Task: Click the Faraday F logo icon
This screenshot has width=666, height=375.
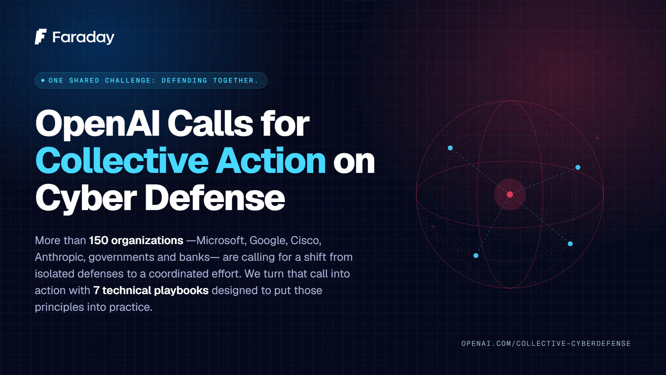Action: pyautogui.click(x=41, y=37)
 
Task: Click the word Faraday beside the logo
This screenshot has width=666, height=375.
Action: pyautogui.click(x=83, y=37)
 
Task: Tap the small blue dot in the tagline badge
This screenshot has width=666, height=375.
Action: pyautogui.click(x=43, y=81)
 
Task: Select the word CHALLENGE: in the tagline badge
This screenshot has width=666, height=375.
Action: pyautogui.click(x=130, y=81)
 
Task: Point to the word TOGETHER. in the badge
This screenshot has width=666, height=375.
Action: pyautogui.click(x=236, y=81)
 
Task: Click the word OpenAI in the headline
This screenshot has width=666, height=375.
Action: pyautogui.click(x=98, y=124)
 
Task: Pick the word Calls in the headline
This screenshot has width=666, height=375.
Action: pyautogui.click(x=211, y=123)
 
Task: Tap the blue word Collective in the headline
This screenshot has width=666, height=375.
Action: pyautogui.click(x=122, y=160)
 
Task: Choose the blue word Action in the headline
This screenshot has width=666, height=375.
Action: pyautogui.click(x=271, y=160)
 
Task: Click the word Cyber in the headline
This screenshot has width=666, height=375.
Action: pyautogui.click(x=86, y=198)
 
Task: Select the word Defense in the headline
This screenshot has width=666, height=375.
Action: pyautogui.click(x=215, y=198)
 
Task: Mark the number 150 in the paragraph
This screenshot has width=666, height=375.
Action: pyautogui.click(x=99, y=240)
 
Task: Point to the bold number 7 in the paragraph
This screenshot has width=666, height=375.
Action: pyautogui.click(x=96, y=290)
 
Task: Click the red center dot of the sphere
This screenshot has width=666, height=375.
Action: pyautogui.click(x=510, y=194)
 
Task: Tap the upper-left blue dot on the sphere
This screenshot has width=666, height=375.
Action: pyautogui.click(x=450, y=148)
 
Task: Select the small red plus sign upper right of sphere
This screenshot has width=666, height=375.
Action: pyautogui.click(x=597, y=138)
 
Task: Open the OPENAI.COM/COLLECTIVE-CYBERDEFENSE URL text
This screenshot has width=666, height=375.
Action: pyautogui.click(x=546, y=343)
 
